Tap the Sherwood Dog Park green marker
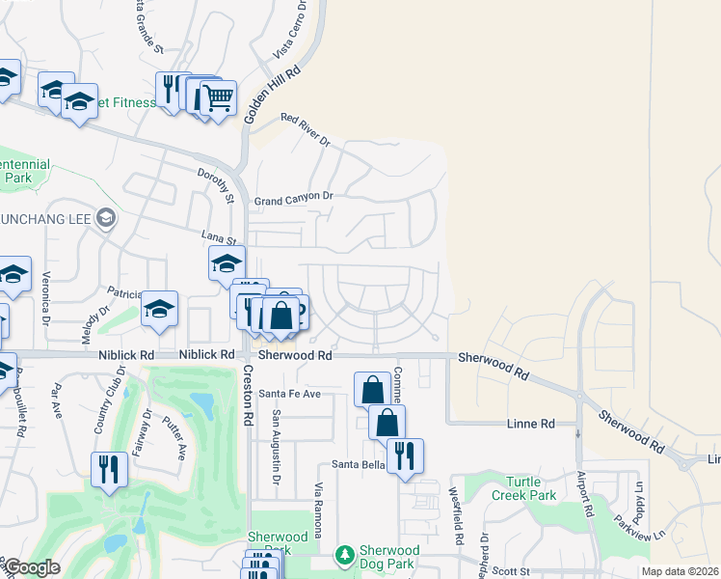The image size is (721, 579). click(x=343, y=556)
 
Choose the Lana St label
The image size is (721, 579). click(x=218, y=236)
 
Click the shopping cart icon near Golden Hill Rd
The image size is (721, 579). click(x=218, y=97)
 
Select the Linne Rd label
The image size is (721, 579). click(x=531, y=424)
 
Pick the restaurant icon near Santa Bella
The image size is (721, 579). click(x=405, y=455)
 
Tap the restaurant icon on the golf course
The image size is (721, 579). click(x=108, y=469)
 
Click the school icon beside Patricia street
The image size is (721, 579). click(x=159, y=308)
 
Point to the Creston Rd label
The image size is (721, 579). click(x=248, y=396)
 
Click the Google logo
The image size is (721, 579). click(x=32, y=567)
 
